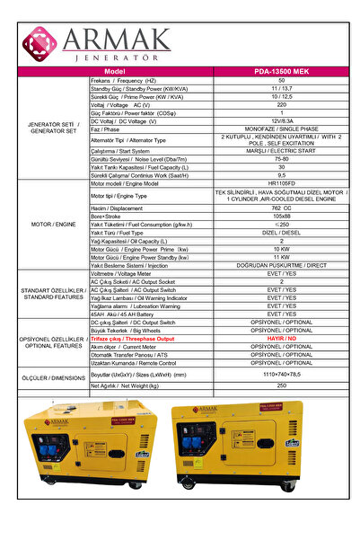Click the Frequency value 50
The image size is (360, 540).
(x=282, y=81)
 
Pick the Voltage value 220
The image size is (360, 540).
(x=282, y=104)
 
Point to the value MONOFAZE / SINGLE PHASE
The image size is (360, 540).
(x=282, y=128)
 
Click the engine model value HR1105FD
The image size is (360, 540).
(x=282, y=183)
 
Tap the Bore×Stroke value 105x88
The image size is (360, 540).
(x=282, y=216)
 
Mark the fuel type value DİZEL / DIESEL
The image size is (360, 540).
(x=282, y=232)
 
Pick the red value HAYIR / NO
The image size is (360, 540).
(x=282, y=338)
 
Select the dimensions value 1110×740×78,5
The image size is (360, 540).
(x=282, y=373)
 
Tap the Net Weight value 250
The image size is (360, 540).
(x=282, y=385)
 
